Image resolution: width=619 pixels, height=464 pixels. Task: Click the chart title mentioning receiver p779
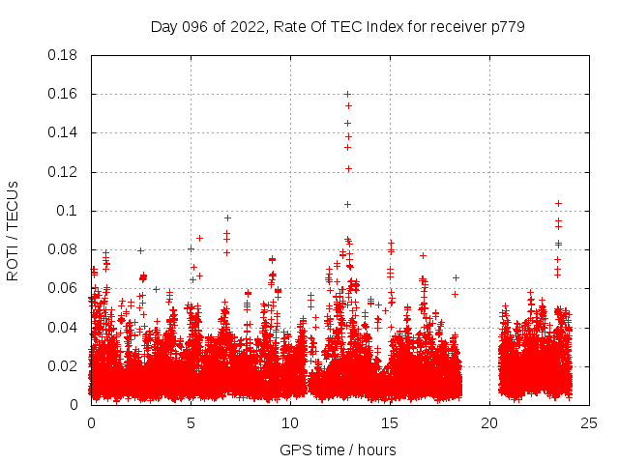(x=338, y=26)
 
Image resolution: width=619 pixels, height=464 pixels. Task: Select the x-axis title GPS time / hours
(x=338, y=449)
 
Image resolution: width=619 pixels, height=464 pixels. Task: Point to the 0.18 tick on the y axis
(x=64, y=55)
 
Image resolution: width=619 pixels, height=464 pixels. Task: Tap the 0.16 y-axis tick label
(x=64, y=94)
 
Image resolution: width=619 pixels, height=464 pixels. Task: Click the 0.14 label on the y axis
(x=64, y=132)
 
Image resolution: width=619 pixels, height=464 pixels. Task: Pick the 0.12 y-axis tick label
(x=64, y=172)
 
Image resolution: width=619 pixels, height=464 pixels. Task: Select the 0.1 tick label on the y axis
(x=68, y=211)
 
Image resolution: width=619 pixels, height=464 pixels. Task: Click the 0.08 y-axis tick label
(x=64, y=249)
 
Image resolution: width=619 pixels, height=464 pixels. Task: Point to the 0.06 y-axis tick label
(x=64, y=288)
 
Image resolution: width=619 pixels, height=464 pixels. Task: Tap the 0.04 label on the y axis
(x=64, y=327)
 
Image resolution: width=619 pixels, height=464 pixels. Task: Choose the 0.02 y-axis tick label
(x=64, y=365)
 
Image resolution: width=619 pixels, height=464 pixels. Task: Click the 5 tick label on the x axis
(x=191, y=422)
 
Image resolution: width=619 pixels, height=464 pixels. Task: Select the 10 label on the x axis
(x=290, y=422)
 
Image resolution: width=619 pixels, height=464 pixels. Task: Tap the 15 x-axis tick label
(x=390, y=422)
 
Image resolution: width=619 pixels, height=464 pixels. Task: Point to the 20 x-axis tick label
(x=488, y=422)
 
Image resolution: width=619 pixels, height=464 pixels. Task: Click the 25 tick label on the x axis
(x=588, y=422)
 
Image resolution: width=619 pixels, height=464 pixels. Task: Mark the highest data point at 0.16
(x=347, y=94)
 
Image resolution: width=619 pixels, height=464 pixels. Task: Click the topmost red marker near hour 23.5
(x=558, y=203)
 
